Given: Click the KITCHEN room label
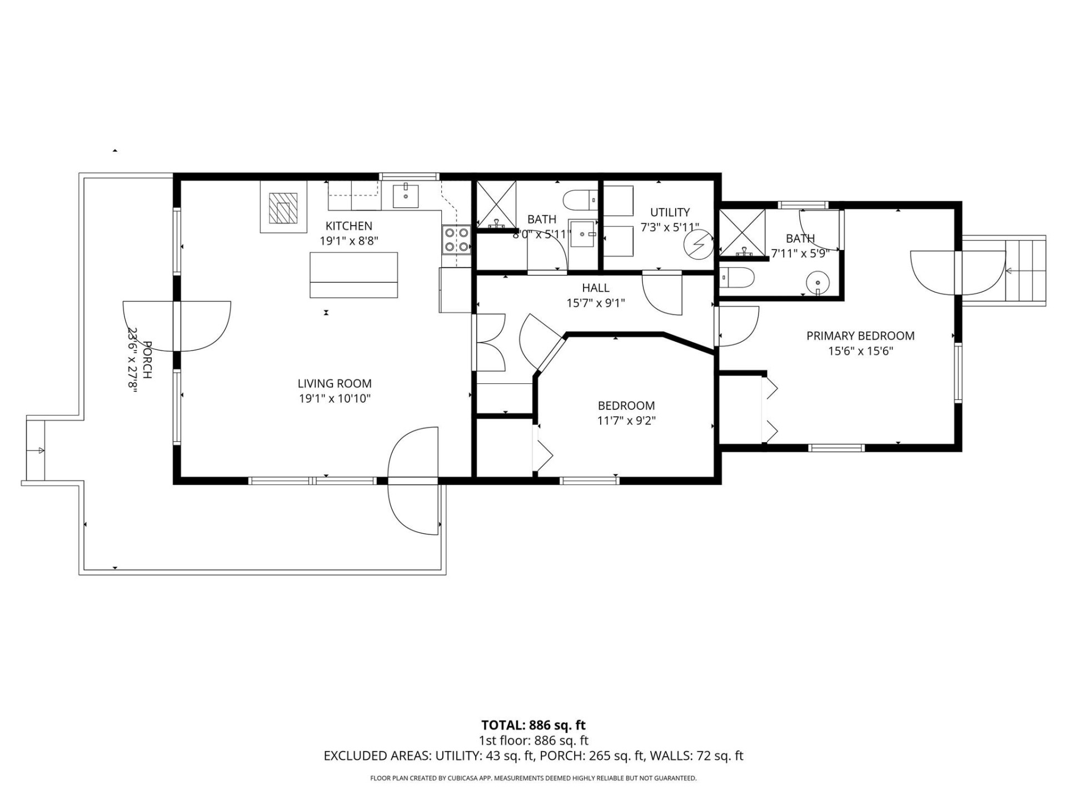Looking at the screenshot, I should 348,226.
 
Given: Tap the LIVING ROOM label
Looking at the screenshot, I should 334,383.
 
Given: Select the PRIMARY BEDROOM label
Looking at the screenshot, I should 860,336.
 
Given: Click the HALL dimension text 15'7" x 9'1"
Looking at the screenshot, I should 596,303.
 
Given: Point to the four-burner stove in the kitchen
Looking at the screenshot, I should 456,239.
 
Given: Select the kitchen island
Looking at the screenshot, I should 353,275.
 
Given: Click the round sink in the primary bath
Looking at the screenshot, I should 817,282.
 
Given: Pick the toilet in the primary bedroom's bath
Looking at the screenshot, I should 737,277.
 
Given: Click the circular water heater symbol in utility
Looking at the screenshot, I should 697,245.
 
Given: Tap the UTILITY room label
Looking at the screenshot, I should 670,212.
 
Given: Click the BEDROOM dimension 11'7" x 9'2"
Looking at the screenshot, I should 626,421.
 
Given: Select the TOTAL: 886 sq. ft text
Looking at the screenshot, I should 533,725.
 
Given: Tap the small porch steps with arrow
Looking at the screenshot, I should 36,451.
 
